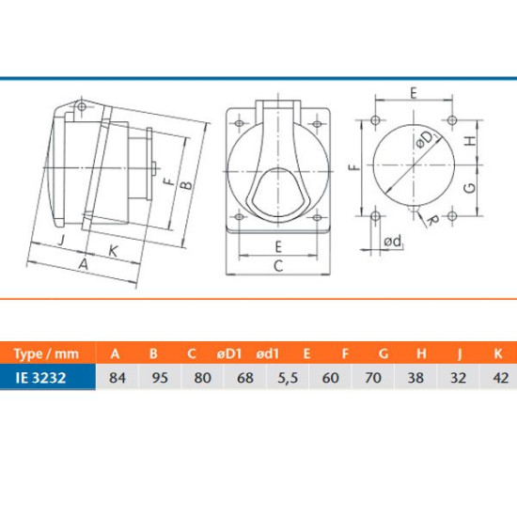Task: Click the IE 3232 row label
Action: [x=40, y=378]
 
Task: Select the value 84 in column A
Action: [x=117, y=378]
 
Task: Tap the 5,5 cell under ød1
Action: [x=288, y=378]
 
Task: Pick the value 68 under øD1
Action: [x=245, y=378]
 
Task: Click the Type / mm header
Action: [x=46, y=353]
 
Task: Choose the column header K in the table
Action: [x=498, y=353]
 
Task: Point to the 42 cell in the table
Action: [x=500, y=378]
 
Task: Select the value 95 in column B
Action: [x=160, y=378]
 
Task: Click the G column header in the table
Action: [x=384, y=353]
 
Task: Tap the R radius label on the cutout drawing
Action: [x=432, y=221]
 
